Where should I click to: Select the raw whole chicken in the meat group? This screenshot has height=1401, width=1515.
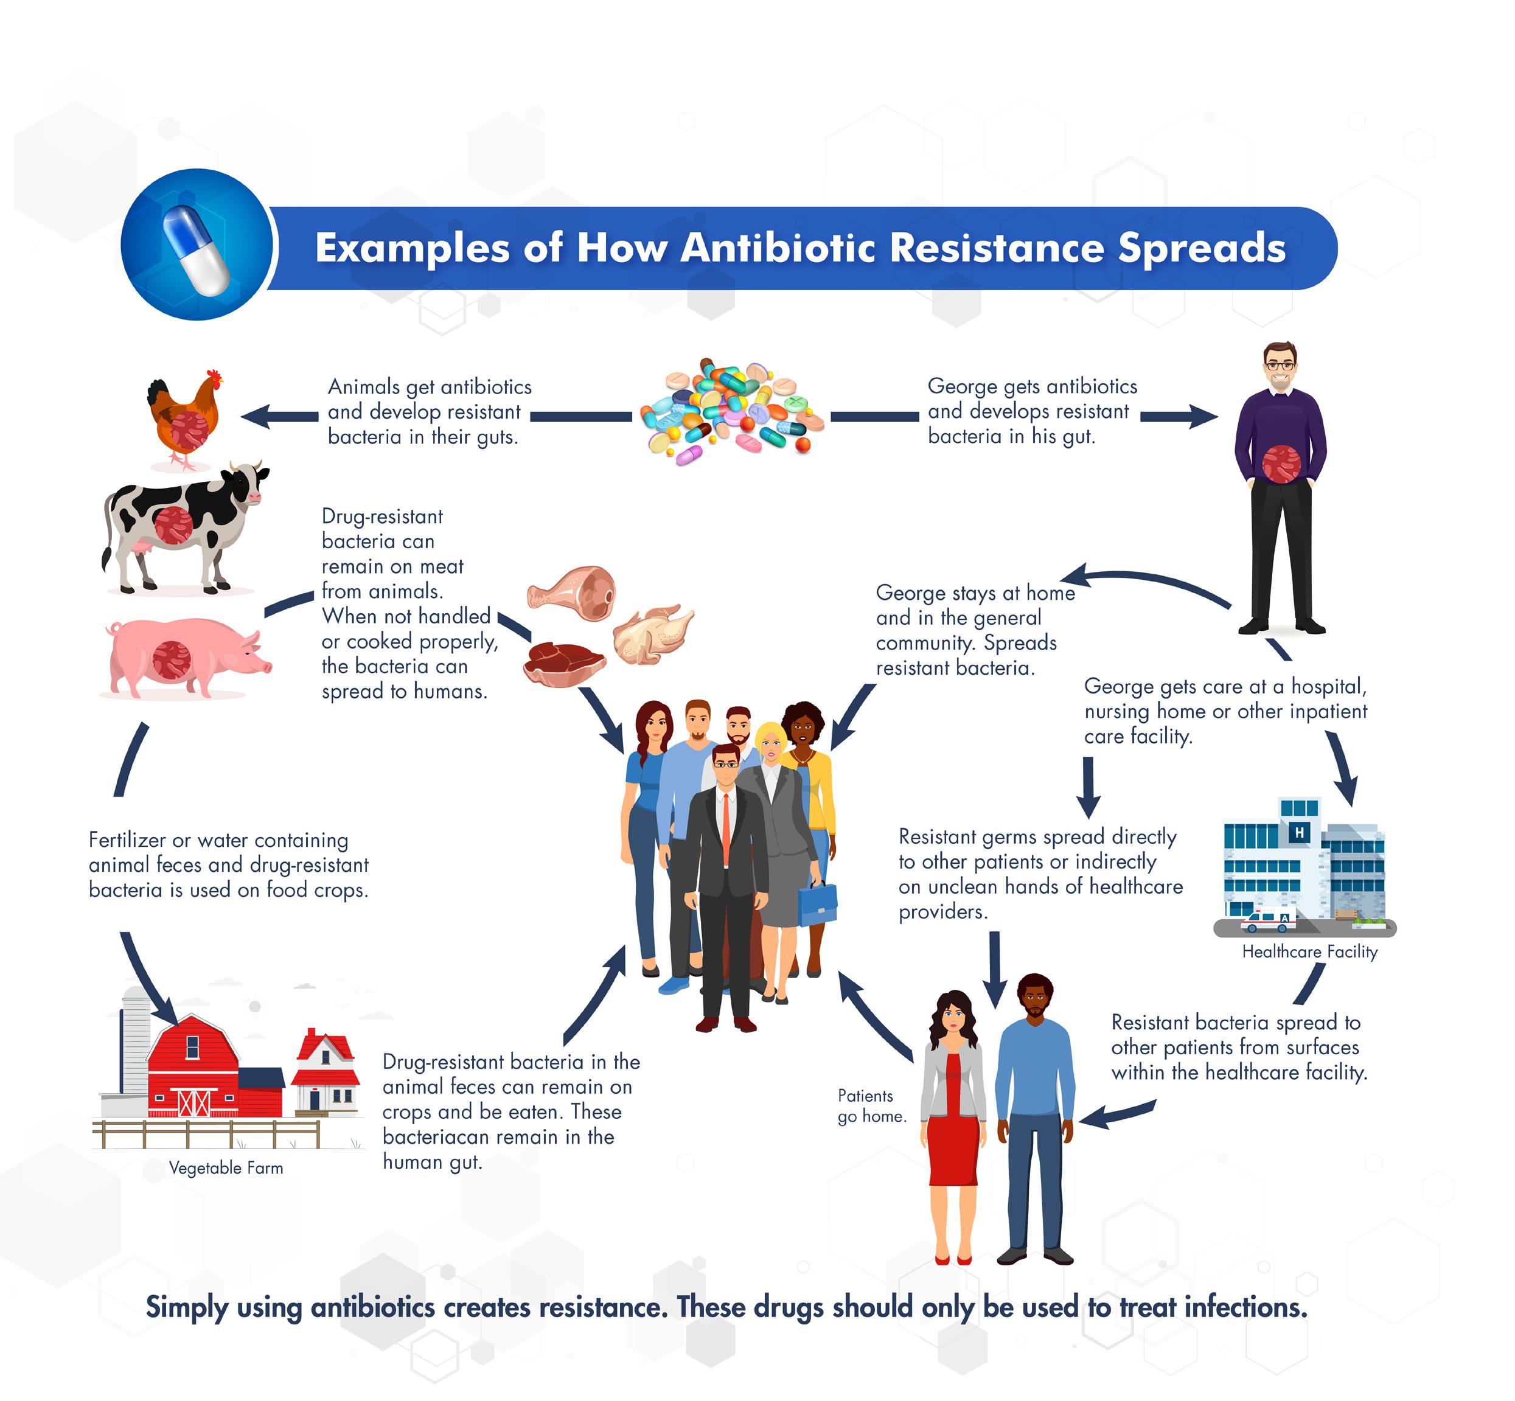pyautogui.click(x=652, y=634)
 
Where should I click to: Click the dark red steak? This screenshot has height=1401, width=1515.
pyautogui.click(x=564, y=662)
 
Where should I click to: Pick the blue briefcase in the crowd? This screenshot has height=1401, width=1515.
pyautogui.click(x=817, y=905)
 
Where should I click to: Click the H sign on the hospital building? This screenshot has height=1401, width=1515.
pyautogui.click(x=1299, y=832)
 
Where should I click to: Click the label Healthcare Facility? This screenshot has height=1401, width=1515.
pyautogui.click(x=1309, y=951)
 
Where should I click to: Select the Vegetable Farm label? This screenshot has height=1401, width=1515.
pyautogui.click(x=226, y=1168)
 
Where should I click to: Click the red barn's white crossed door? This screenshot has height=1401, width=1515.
pyautogui.click(x=194, y=1102)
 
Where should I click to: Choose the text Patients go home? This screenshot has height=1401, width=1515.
pyautogui.click(x=871, y=1105)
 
